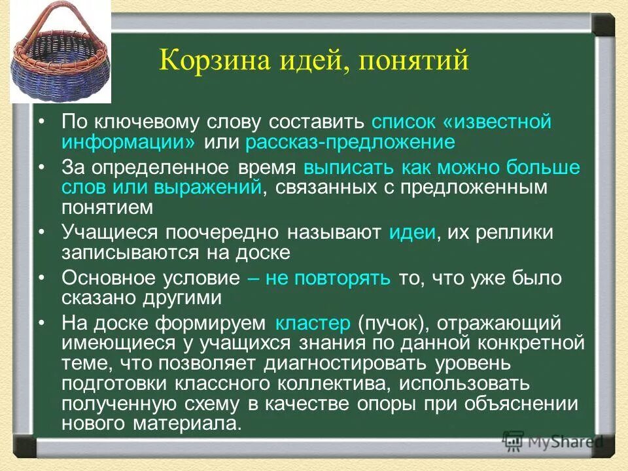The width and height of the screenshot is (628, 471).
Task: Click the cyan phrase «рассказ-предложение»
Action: point(350,142)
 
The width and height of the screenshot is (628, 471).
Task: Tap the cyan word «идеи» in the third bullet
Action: point(412,233)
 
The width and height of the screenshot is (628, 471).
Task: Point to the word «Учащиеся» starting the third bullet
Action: point(111,233)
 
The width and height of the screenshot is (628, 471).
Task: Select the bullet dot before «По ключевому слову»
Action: point(41,123)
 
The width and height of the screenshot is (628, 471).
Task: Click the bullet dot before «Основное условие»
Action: point(41,277)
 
